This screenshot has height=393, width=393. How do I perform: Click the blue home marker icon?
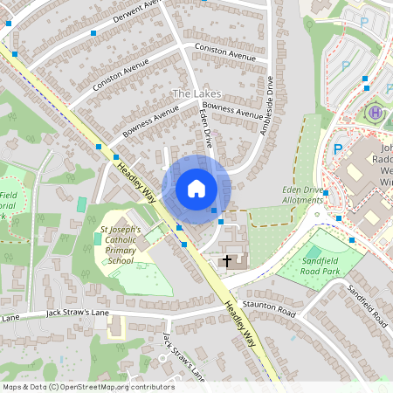tap(196, 188)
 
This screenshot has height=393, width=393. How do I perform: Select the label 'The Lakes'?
tap(196, 93)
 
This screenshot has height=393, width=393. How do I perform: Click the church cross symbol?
tap(228, 260)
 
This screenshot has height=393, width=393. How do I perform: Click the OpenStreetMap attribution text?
tap(87, 386)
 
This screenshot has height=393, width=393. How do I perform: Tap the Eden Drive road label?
tap(207, 127)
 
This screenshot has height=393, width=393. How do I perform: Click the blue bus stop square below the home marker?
tap(214, 210)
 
